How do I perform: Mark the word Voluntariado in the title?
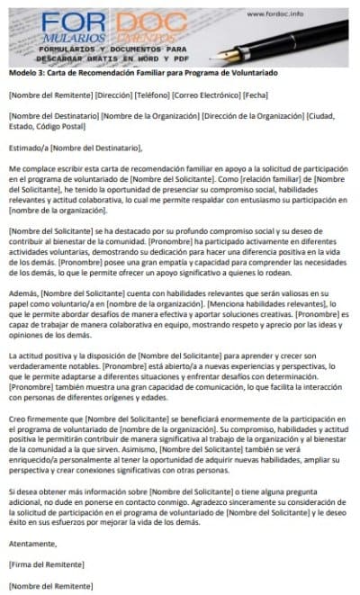tap(251, 71)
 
